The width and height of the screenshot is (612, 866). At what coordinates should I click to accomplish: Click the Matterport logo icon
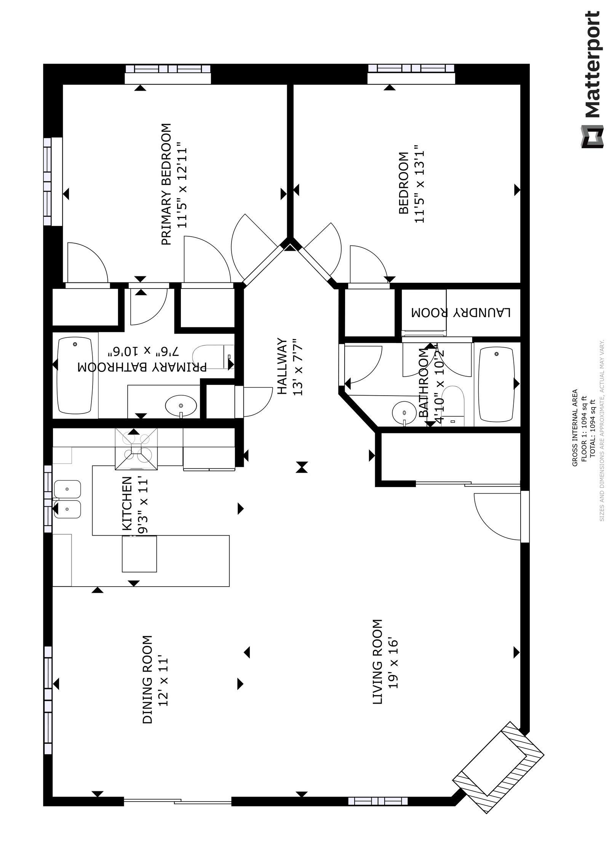click(x=592, y=136)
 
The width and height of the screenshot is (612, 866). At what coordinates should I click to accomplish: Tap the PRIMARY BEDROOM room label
click(x=166, y=184)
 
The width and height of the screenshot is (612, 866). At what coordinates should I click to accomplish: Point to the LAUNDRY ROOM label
click(x=461, y=313)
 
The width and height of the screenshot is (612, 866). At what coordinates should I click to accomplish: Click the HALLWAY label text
click(x=281, y=366)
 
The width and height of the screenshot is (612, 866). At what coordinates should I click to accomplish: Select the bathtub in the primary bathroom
click(x=75, y=375)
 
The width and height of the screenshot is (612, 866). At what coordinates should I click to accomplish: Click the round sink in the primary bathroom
click(x=181, y=406)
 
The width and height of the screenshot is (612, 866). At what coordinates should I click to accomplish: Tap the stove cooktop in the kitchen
click(x=136, y=449)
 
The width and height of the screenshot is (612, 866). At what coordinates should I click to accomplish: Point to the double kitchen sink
click(x=67, y=499)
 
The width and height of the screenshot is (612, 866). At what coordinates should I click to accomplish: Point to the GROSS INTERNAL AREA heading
click(x=575, y=427)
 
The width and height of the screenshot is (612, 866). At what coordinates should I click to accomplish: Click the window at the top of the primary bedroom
click(x=168, y=74)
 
